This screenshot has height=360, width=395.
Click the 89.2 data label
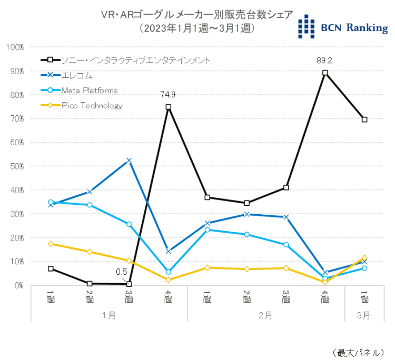point(325,60)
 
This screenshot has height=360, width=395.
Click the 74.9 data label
point(168,95)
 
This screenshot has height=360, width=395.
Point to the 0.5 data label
point(122,272)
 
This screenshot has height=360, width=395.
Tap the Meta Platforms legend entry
point(89,91)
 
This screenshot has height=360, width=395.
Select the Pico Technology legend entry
point(92,105)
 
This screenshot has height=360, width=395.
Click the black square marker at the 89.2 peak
point(325,73)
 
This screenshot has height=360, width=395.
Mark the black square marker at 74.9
point(168,107)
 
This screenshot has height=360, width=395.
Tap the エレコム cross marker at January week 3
point(129,161)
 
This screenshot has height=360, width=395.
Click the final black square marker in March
point(364,119)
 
